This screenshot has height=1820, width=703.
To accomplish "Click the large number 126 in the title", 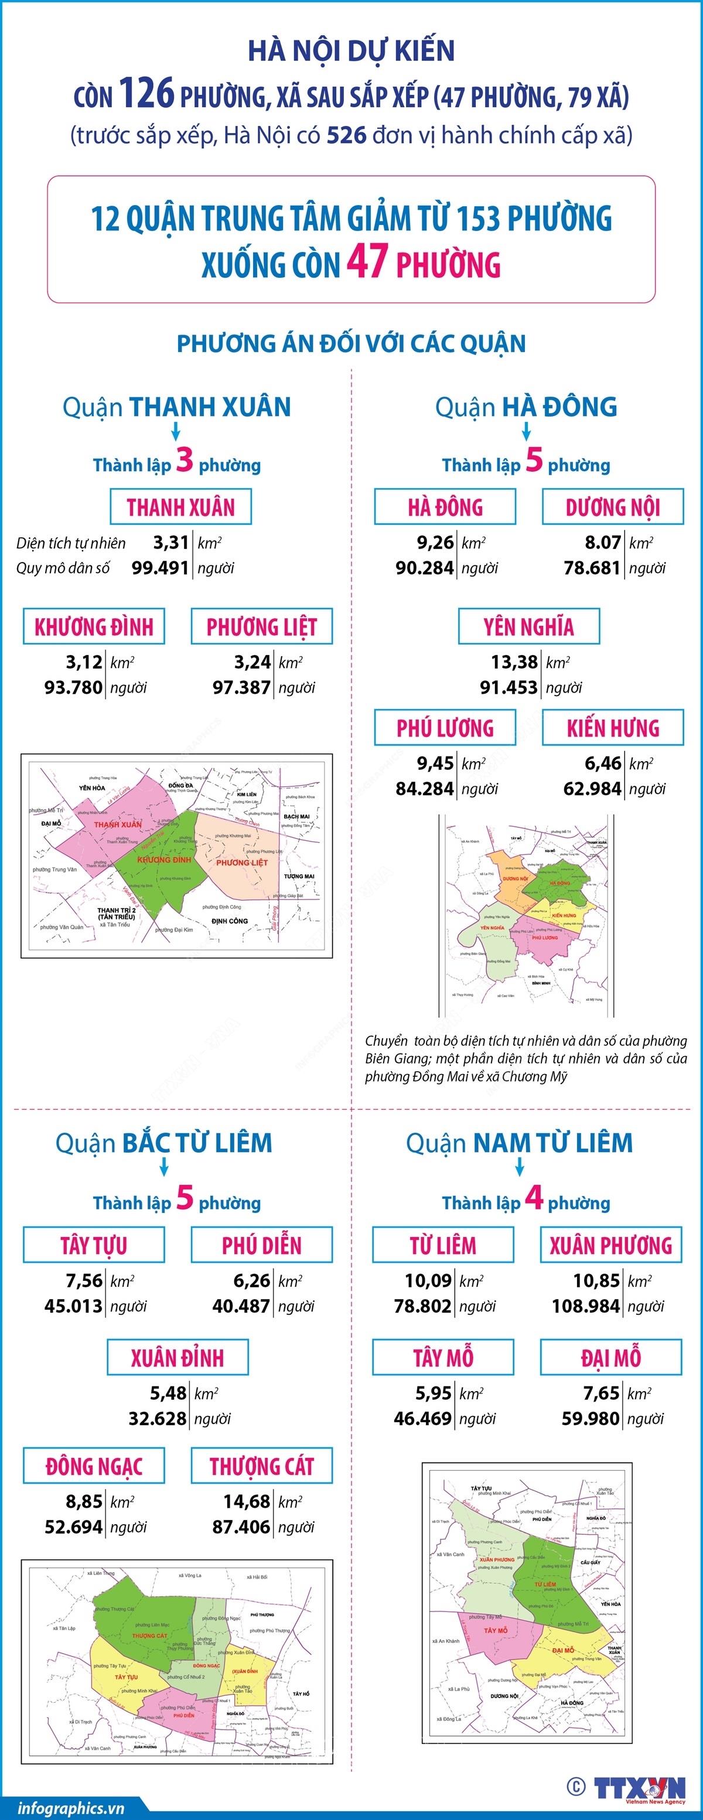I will click(x=146, y=93).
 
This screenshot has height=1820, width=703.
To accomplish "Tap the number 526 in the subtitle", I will click(x=346, y=134).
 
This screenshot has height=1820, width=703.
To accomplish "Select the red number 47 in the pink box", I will click(x=367, y=262).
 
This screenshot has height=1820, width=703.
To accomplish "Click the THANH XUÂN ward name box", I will click(x=181, y=507).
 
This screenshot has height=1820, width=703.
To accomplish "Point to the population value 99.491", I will click(x=161, y=567).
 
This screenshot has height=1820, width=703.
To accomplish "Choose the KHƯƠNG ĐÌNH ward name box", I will click(x=94, y=626).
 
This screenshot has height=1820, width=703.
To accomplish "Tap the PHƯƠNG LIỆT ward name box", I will click(x=261, y=626).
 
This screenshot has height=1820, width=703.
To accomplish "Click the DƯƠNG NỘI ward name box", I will click(x=613, y=507).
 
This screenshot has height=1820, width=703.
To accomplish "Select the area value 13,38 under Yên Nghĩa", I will click(x=514, y=662).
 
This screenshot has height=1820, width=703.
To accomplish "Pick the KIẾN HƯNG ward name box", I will click(x=613, y=728).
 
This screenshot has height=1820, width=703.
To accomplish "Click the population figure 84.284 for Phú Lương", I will click(x=425, y=789).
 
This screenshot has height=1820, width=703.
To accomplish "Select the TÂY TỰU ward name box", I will click(x=94, y=1245).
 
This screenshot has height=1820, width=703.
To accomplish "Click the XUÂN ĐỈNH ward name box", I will click(x=178, y=1357).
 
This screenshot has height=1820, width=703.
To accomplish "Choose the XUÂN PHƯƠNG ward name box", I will click(x=611, y=1245).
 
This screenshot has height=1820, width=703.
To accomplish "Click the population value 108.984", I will click(x=586, y=1306).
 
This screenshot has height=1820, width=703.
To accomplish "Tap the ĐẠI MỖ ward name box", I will click(x=611, y=1357).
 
